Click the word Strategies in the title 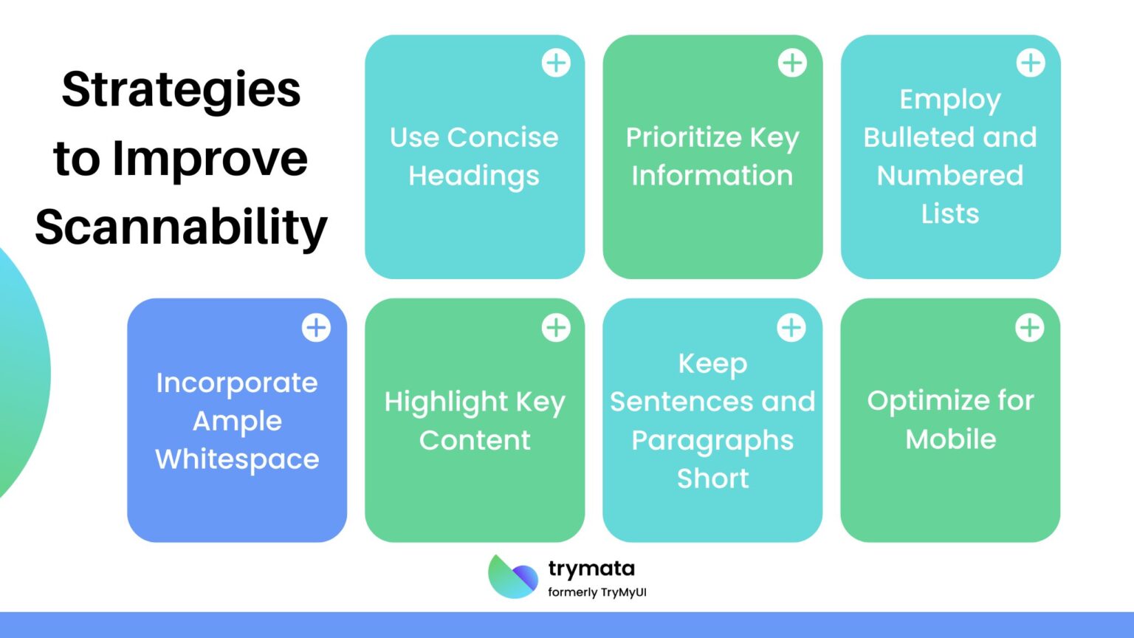181,90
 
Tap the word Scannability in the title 181,227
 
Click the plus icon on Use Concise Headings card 556,63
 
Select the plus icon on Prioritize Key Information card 792,63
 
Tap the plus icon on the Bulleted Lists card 1031,63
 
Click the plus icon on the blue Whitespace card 316,327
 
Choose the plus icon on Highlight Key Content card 556,327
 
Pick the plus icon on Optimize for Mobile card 1030,327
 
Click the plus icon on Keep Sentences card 791,327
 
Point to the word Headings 474,176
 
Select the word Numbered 950,176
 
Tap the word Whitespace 237,459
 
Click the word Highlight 446,402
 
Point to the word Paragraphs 712,441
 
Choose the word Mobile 951,439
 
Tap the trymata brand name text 591,569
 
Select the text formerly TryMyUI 597,592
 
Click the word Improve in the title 210,159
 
